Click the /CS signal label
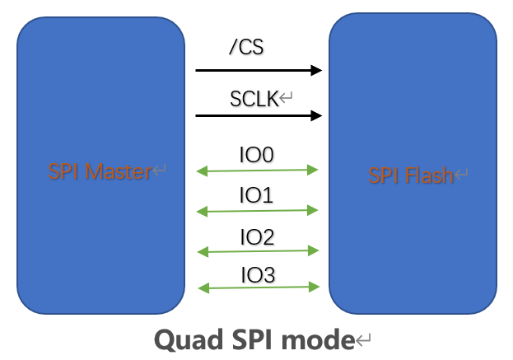(245, 48)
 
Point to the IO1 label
(256, 195)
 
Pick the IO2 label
(256, 237)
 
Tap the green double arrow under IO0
(258, 171)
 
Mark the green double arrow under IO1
(258, 212)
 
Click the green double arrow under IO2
(258, 250)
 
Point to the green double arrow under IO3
(258, 288)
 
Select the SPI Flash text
(410, 175)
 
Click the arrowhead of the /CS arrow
(315, 71)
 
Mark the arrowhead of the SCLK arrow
(315, 116)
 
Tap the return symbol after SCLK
(287, 100)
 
